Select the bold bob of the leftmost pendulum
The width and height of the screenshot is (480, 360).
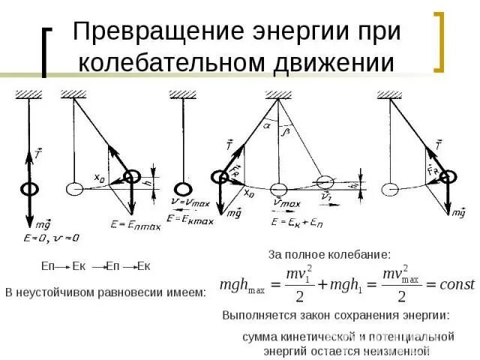(29, 188)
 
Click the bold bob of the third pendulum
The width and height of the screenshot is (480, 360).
(183, 189)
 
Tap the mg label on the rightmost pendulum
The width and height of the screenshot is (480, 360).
(458, 213)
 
